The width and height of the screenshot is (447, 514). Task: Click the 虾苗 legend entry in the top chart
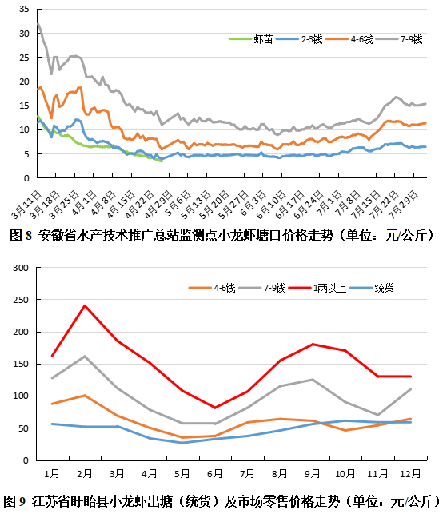coord(251,39)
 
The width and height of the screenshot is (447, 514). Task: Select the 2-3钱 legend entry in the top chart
coord(299,39)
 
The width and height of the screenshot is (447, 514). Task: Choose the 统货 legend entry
coord(372,288)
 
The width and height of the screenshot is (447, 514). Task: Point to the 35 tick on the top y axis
coord(24,9)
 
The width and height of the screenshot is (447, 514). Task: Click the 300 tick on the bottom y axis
coord(21,268)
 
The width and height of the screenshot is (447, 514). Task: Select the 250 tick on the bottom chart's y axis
coord(21,300)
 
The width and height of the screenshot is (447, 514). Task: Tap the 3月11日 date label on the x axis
coord(26,204)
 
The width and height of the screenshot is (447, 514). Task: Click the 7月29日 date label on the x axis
coord(404,204)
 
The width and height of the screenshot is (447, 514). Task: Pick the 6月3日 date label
coord(253,203)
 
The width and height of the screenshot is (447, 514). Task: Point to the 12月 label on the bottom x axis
coord(410,473)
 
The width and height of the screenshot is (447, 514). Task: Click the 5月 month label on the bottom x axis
coord(182,473)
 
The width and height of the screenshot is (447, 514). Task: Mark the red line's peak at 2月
coord(85,305)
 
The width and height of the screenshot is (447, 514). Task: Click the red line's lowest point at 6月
coord(215,408)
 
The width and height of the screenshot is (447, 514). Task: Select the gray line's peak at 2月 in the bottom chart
coord(85,356)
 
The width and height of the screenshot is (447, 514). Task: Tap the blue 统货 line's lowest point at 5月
coord(182,443)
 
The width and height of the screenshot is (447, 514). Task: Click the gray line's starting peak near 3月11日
coord(38,23)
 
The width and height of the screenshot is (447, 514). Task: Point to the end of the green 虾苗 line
coord(162,161)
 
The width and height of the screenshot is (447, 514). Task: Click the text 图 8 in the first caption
coord(21,235)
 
